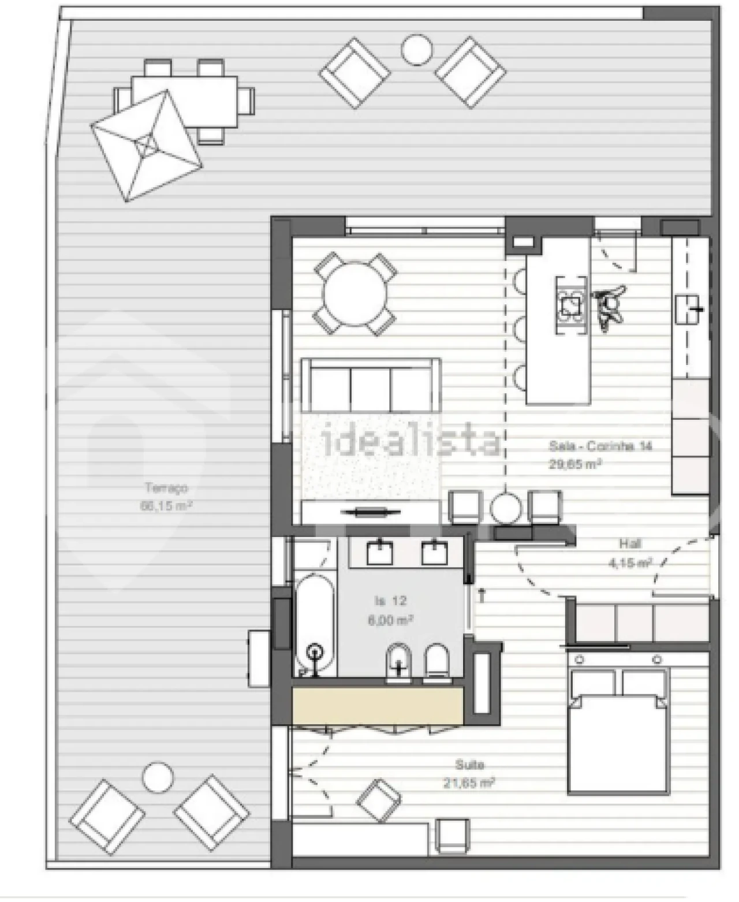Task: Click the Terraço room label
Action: [x=166, y=488]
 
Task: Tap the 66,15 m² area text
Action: [x=166, y=506]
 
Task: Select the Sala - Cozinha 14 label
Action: [x=600, y=446]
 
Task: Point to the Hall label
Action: [x=630, y=543]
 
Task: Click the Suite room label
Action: [x=469, y=765]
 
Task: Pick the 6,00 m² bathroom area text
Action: [x=390, y=620]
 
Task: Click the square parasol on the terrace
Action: [x=147, y=146]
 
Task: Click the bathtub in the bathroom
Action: [x=315, y=624]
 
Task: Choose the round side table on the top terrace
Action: [x=416, y=50]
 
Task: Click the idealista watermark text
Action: [x=412, y=442]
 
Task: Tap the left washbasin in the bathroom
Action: [x=380, y=552]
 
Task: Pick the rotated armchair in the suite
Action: [x=379, y=801]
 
